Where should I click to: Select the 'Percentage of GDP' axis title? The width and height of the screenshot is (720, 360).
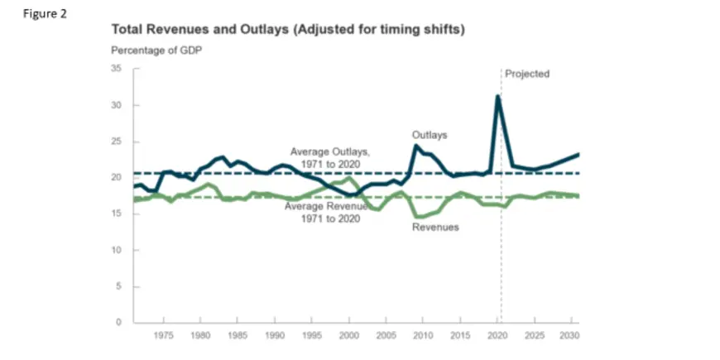click(156, 50)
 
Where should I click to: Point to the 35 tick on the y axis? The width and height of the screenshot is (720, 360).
click(117, 70)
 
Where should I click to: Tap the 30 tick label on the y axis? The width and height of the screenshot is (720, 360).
click(117, 106)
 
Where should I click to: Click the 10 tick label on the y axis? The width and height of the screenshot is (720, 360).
click(117, 250)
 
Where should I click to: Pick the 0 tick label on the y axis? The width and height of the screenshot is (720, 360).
click(119, 322)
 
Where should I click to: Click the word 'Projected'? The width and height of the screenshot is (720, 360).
click(527, 74)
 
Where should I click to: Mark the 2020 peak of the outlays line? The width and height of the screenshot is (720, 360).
click(497, 96)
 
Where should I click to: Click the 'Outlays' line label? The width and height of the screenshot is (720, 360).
click(429, 134)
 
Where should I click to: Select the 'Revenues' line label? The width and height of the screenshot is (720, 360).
click(435, 227)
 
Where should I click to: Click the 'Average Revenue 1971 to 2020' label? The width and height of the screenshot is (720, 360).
click(326, 211)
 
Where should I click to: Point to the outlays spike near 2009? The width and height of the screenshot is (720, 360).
click(415, 146)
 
